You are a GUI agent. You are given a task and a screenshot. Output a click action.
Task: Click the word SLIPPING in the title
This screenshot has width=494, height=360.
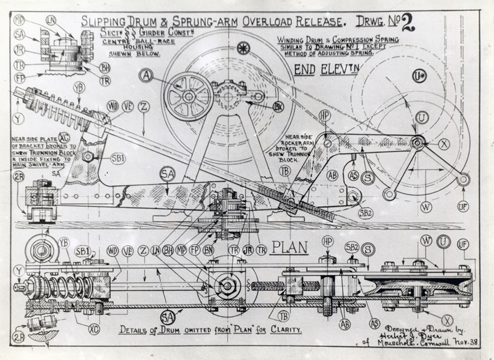click(x=107, y=21)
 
